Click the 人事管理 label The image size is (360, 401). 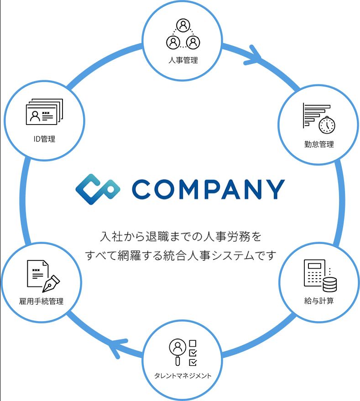183,60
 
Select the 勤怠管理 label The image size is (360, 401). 319,145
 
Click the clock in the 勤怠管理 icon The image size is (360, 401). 327,125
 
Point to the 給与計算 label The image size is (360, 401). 319,301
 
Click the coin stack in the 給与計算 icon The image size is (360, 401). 329,285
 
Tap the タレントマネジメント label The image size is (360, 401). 183,376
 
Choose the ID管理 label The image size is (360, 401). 44,139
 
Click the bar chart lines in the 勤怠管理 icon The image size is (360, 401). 314,114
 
